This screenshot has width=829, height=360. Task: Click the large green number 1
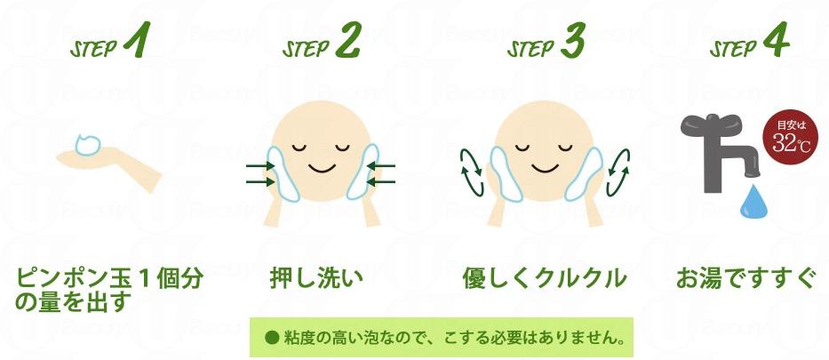[x=138, y=40]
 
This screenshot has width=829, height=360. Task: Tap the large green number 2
[x=347, y=40]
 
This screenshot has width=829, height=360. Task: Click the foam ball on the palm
[x=88, y=144]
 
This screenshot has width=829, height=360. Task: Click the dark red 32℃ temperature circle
[x=786, y=137]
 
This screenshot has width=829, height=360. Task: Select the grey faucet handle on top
[x=711, y=124]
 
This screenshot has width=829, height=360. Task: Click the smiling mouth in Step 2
[x=322, y=169]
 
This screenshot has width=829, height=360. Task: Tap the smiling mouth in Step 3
[x=545, y=169]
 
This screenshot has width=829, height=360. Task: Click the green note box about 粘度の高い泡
[x=442, y=337]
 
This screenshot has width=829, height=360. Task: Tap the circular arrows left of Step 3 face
[x=472, y=172]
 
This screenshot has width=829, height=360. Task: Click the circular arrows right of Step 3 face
[x=618, y=172]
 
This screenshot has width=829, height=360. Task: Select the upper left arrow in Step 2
[x=260, y=166]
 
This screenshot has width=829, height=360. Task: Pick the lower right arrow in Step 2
[x=380, y=182]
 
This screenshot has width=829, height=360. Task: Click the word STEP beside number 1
[x=93, y=48]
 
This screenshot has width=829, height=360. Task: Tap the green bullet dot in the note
[x=272, y=337]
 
